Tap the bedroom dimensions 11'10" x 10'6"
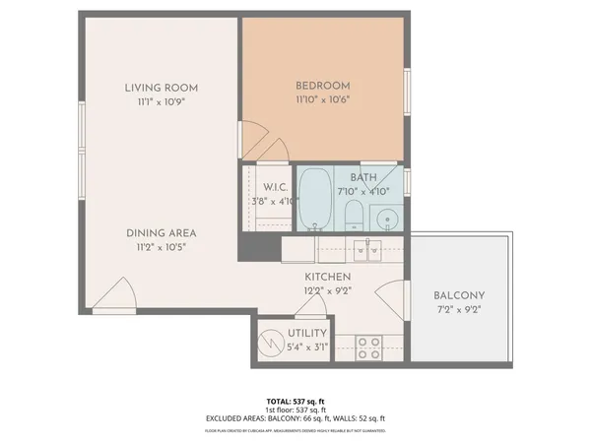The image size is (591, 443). tap(323, 99)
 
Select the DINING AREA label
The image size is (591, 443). tap(161, 233)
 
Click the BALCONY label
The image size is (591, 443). tap(459, 295)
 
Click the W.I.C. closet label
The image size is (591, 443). tap(275, 187)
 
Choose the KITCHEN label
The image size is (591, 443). tap(328, 278)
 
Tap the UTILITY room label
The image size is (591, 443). tap(306, 334)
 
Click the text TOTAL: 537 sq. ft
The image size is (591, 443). tap(295, 402)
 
